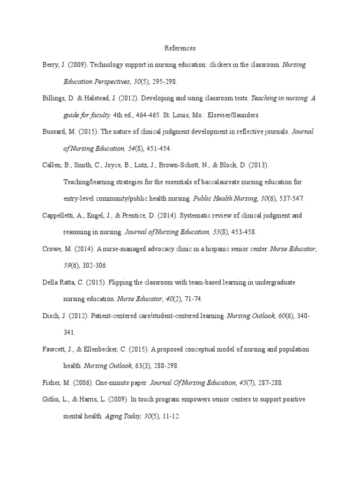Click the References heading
[180, 48]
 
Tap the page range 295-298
[165, 82]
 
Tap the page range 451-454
[158, 149]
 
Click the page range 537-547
[292, 199]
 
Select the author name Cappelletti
[59, 216]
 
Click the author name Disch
[50, 316]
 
